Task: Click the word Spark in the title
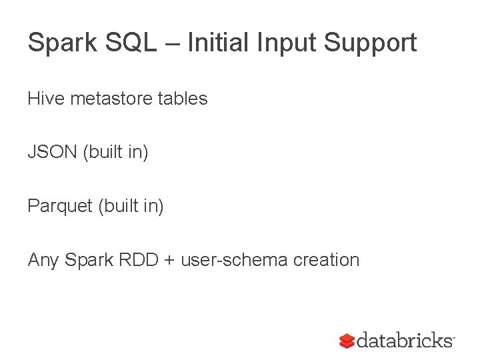pos(58,43)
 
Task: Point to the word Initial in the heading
pos(213,43)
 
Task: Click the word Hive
pos(45,99)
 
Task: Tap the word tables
pos(183,99)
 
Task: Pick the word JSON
pos(52,153)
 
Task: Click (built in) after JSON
pos(115,153)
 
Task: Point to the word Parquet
pos(59,207)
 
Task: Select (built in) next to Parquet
pos(131,207)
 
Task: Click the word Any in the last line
pos(43,260)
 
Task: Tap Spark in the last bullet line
pos(89,260)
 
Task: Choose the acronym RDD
pos(139,260)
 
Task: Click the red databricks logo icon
pos(347,341)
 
